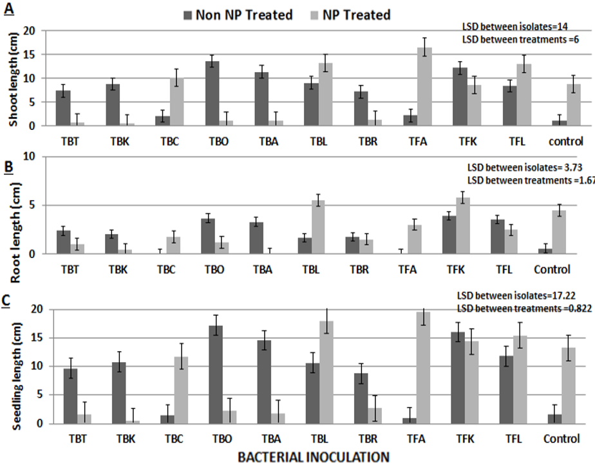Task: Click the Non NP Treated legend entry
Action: (238, 15)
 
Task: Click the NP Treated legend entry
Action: (350, 15)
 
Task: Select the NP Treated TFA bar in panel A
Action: (424, 86)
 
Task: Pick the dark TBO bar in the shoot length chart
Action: (212, 93)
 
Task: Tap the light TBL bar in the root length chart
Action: (318, 227)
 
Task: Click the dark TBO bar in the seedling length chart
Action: (216, 374)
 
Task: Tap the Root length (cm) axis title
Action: (15, 233)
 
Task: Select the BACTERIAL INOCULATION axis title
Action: (314, 457)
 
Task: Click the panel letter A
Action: (8, 9)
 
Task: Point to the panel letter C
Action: (6, 300)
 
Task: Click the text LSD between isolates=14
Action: (515, 26)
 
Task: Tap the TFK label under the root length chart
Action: (456, 269)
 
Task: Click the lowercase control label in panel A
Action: (566, 141)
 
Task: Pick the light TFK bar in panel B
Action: (463, 226)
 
